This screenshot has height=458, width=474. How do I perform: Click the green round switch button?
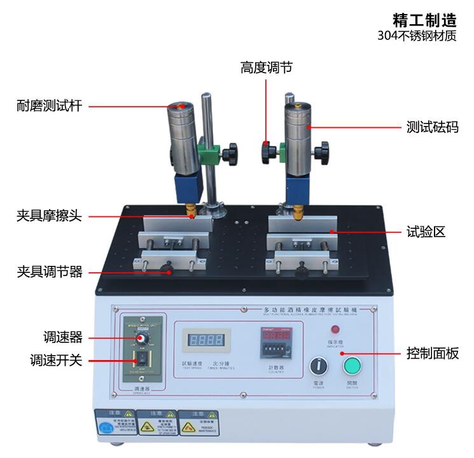352,367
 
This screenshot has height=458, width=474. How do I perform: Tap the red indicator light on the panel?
335,330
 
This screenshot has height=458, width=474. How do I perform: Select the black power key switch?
317,367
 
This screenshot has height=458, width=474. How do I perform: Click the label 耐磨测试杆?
50,106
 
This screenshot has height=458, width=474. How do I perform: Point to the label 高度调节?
267,67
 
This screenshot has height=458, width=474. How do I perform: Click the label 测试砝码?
433,127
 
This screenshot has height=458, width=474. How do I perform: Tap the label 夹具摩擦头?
50,216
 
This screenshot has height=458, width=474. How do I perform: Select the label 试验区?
426,232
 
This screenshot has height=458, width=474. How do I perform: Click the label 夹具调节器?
50,272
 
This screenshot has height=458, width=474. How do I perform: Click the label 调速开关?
57,360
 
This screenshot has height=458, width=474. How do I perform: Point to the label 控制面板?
433,353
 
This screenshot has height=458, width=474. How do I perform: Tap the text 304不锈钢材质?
417,36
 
